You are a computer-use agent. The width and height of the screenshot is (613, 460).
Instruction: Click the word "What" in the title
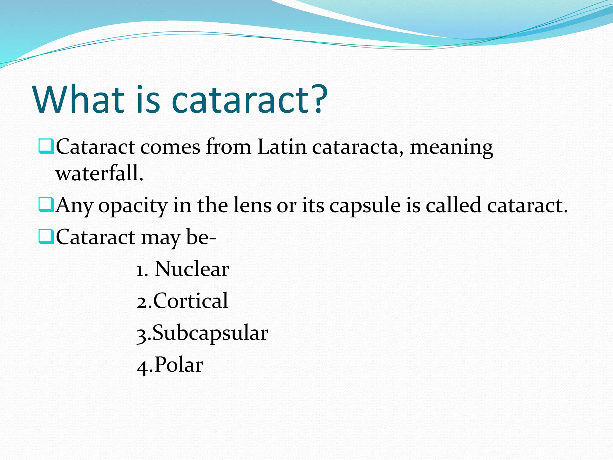[79, 99]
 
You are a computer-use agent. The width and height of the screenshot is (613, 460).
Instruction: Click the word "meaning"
[451, 148]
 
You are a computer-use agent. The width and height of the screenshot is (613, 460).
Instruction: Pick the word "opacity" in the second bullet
[133, 206]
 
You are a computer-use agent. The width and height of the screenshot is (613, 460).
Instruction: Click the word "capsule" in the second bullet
[365, 206]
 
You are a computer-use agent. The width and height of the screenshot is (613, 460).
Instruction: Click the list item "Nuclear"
[192, 269]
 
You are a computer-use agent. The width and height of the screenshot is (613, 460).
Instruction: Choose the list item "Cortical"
[190, 301]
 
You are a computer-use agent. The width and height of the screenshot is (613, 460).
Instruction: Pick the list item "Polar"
[179, 365]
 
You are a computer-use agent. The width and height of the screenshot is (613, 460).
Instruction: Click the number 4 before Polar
[142, 366]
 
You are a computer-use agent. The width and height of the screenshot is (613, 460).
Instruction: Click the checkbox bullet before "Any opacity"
[46, 205]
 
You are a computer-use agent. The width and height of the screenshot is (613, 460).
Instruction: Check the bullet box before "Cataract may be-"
[46, 237]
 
